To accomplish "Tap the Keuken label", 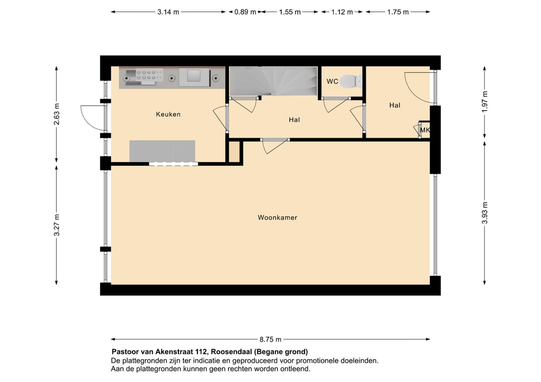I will [x=168, y=114].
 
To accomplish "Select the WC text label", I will [x=332, y=82].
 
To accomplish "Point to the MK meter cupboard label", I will [x=425, y=130].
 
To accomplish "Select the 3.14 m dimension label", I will [x=168, y=12].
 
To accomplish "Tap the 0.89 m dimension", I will [x=245, y=12].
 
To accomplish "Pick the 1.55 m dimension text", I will [x=290, y=12].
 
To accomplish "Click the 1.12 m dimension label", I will [x=342, y=12].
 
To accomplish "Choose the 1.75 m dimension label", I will [x=398, y=12].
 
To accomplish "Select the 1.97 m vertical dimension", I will [x=484, y=102].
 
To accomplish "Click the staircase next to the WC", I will [x=274, y=81].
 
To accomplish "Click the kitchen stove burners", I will [x=144, y=76].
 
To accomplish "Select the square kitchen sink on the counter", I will [x=194, y=76].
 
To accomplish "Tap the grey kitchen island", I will [x=162, y=151].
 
